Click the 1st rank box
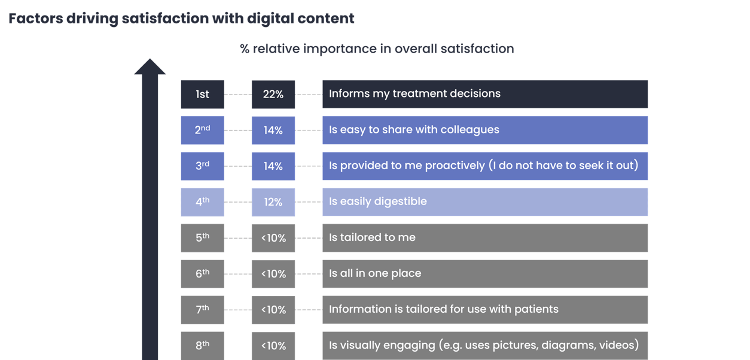(x=202, y=94)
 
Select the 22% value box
(x=273, y=94)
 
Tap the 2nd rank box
(x=202, y=130)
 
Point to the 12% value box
(x=273, y=202)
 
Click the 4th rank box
(x=202, y=202)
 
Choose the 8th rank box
(x=202, y=346)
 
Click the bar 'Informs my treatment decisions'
(x=484, y=94)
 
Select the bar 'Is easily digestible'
(x=484, y=202)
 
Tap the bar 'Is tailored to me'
(x=484, y=238)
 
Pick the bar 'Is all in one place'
(x=484, y=274)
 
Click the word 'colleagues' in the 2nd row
(x=471, y=130)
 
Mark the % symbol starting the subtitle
(x=245, y=49)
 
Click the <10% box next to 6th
(x=273, y=274)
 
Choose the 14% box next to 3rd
(x=273, y=166)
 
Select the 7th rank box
(x=202, y=310)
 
